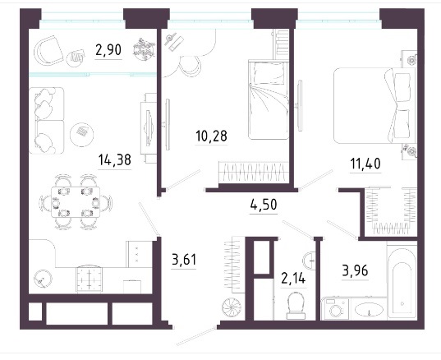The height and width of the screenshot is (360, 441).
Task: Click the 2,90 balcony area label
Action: coord(108,51)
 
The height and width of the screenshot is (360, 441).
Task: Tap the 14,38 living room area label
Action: coord(115,160)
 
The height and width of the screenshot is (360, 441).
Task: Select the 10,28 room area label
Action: coord(211,136)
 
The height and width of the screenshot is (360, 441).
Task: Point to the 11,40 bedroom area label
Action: coord(365,164)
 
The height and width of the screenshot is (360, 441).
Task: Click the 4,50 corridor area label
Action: coord(264,205)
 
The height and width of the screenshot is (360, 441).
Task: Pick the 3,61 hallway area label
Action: coord(184,259)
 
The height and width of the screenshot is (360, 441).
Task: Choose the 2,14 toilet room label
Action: coord(293,279)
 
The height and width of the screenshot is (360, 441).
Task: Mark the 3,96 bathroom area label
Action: coord(356,271)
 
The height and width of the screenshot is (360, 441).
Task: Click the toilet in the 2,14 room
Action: coord(296,305)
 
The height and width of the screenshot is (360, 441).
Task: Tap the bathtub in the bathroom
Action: coord(402,281)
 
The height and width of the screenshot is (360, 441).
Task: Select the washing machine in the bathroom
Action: coord(336,309)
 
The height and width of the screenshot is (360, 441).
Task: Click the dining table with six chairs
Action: coord(76,202)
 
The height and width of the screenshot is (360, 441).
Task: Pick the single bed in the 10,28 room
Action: coord(269,100)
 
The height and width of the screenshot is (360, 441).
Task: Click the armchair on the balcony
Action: coord(48,51)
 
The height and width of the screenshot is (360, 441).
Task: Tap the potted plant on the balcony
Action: coord(144,49)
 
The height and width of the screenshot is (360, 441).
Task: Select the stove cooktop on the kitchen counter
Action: coord(89,279)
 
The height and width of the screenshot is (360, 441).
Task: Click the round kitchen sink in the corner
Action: coord(43,279)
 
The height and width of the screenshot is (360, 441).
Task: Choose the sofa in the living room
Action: coord(47,121)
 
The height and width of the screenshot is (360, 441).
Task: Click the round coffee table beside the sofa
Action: coord(81,135)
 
